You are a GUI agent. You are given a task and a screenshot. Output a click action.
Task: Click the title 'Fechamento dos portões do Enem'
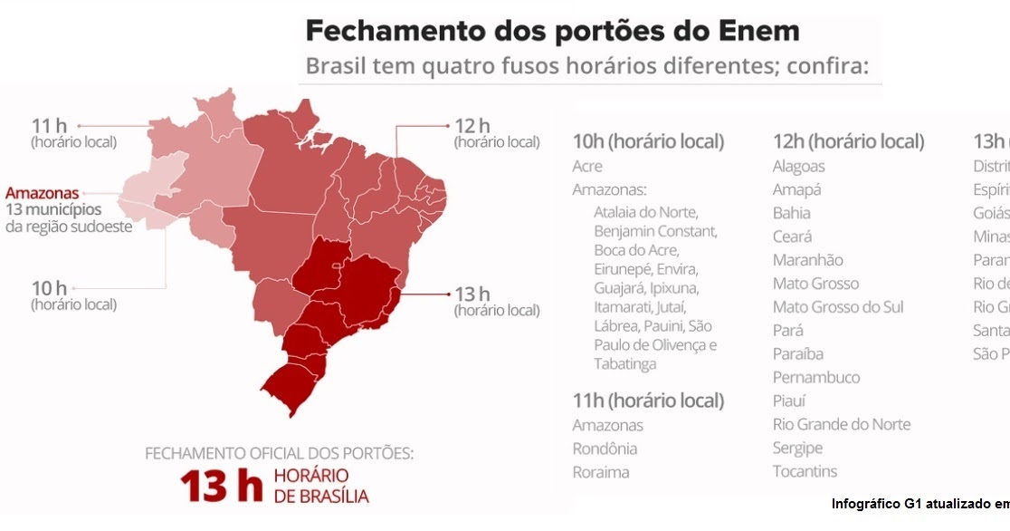552,31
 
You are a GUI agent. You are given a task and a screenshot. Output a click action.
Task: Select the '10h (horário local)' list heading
648,141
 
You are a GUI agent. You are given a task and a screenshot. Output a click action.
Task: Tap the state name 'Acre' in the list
587,167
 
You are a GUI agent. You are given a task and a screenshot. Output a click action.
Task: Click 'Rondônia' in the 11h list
605,449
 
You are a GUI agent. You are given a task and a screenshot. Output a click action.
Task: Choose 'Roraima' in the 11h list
601,472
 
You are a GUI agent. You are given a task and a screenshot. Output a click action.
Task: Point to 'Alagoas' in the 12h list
798,167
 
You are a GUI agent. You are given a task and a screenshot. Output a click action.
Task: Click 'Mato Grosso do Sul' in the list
838,307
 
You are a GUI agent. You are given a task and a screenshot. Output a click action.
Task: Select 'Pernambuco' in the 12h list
816,377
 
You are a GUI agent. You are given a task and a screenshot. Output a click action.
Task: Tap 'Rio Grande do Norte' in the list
842,424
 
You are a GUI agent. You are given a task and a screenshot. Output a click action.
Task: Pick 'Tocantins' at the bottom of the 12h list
805,471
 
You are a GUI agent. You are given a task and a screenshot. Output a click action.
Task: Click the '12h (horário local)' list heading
848,141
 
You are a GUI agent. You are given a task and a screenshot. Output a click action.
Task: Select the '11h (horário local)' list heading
648,401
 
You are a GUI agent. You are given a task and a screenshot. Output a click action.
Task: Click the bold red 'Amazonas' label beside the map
42,193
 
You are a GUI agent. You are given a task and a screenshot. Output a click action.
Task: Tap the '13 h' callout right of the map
472,294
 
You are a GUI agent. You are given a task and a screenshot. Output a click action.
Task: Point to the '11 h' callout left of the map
50,125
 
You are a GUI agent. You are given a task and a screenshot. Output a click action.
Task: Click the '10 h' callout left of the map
50,288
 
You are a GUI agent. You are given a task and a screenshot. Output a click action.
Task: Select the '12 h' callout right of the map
472,125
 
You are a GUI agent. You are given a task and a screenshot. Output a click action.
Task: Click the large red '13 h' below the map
220,487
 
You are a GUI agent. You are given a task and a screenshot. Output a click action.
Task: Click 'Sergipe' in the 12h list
797,448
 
